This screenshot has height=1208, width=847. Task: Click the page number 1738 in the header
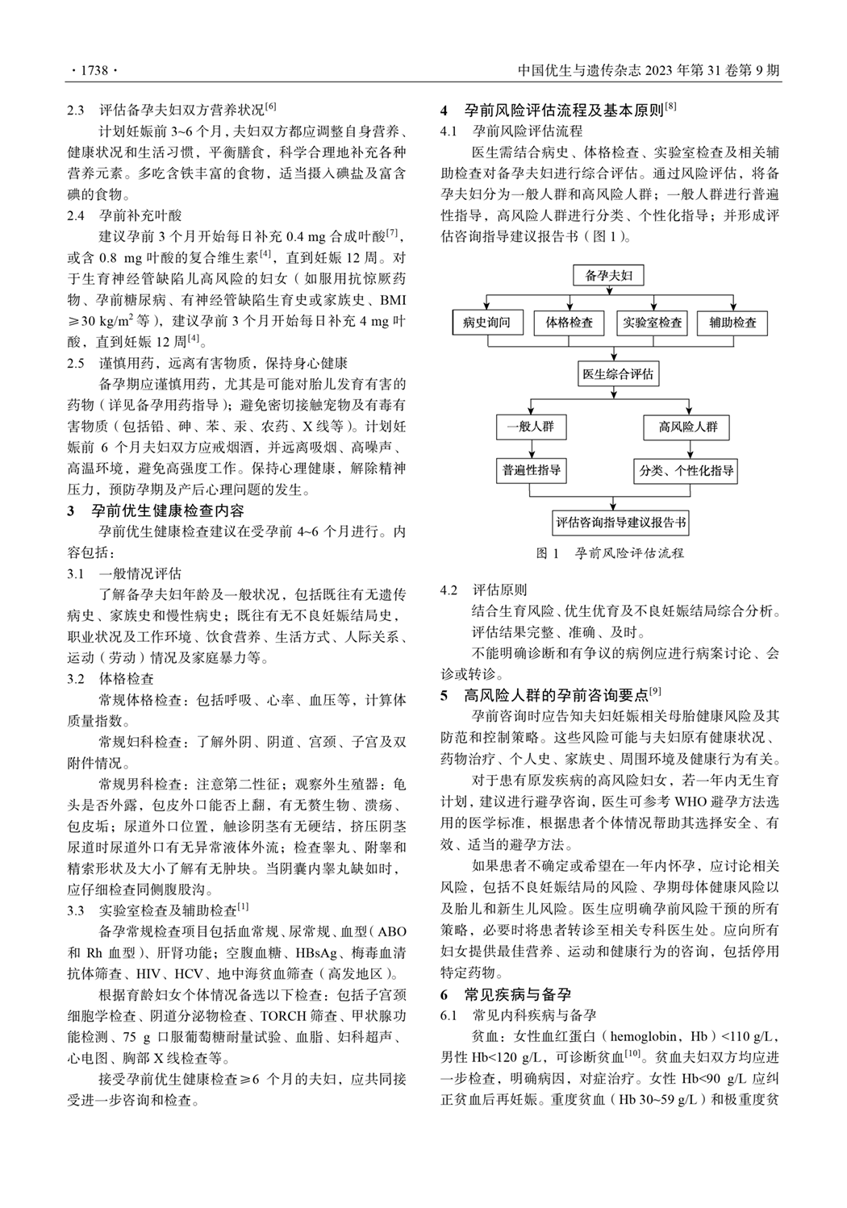coord(94,71)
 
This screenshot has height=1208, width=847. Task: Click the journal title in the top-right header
coord(649,71)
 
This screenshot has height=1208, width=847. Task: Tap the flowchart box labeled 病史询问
coord(486,323)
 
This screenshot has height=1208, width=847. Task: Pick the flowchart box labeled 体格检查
coord(569,323)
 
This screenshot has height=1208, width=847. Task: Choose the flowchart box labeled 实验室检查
coord(652,323)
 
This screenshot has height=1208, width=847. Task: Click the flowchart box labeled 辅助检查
coord(732,323)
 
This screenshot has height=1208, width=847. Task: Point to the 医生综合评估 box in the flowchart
coord(618,374)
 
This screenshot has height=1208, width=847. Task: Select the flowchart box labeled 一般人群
coord(530,427)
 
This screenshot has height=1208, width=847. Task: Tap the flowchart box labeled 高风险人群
coord(687,427)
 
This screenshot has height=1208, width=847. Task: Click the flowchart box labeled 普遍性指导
coord(531,470)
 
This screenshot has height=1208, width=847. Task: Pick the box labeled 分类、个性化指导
coord(686,470)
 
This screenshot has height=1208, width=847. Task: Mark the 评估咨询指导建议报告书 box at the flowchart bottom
coord(620,523)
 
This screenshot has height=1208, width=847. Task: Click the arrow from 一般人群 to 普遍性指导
coord(531,448)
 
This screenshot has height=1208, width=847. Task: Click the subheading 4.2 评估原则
coord(483,589)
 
